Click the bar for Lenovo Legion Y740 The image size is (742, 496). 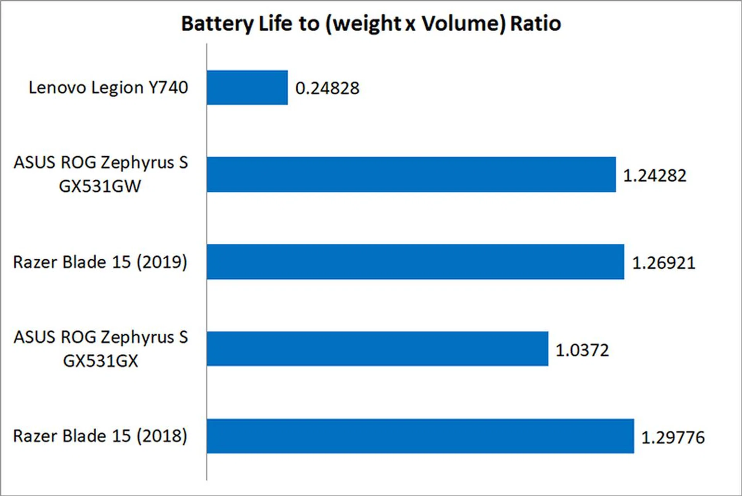coord(247,87)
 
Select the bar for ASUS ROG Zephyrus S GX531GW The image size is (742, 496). coord(411,174)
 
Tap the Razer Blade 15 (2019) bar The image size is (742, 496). coord(415,262)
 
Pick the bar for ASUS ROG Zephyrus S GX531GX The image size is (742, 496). coord(377,349)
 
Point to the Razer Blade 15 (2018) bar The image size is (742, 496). coord(420,436)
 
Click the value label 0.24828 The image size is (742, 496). coord(327,88)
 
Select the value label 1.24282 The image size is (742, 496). coord(655,176)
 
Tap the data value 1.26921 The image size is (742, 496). coord(664,263)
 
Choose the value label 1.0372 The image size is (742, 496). coord(582,350)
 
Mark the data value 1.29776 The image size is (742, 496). coord(673,437)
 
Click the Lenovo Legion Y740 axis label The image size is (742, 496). coord(108,87)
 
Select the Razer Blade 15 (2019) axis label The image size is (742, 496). coord(100,262)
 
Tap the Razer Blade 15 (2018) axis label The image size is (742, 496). coord(100,436)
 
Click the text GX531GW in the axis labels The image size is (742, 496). coord(100,186)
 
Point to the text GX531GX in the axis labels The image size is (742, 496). coord(100,361)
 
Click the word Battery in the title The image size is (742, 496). coord(217,24)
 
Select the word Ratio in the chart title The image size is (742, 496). coord(536,24)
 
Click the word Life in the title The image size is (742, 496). coord(275,24)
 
